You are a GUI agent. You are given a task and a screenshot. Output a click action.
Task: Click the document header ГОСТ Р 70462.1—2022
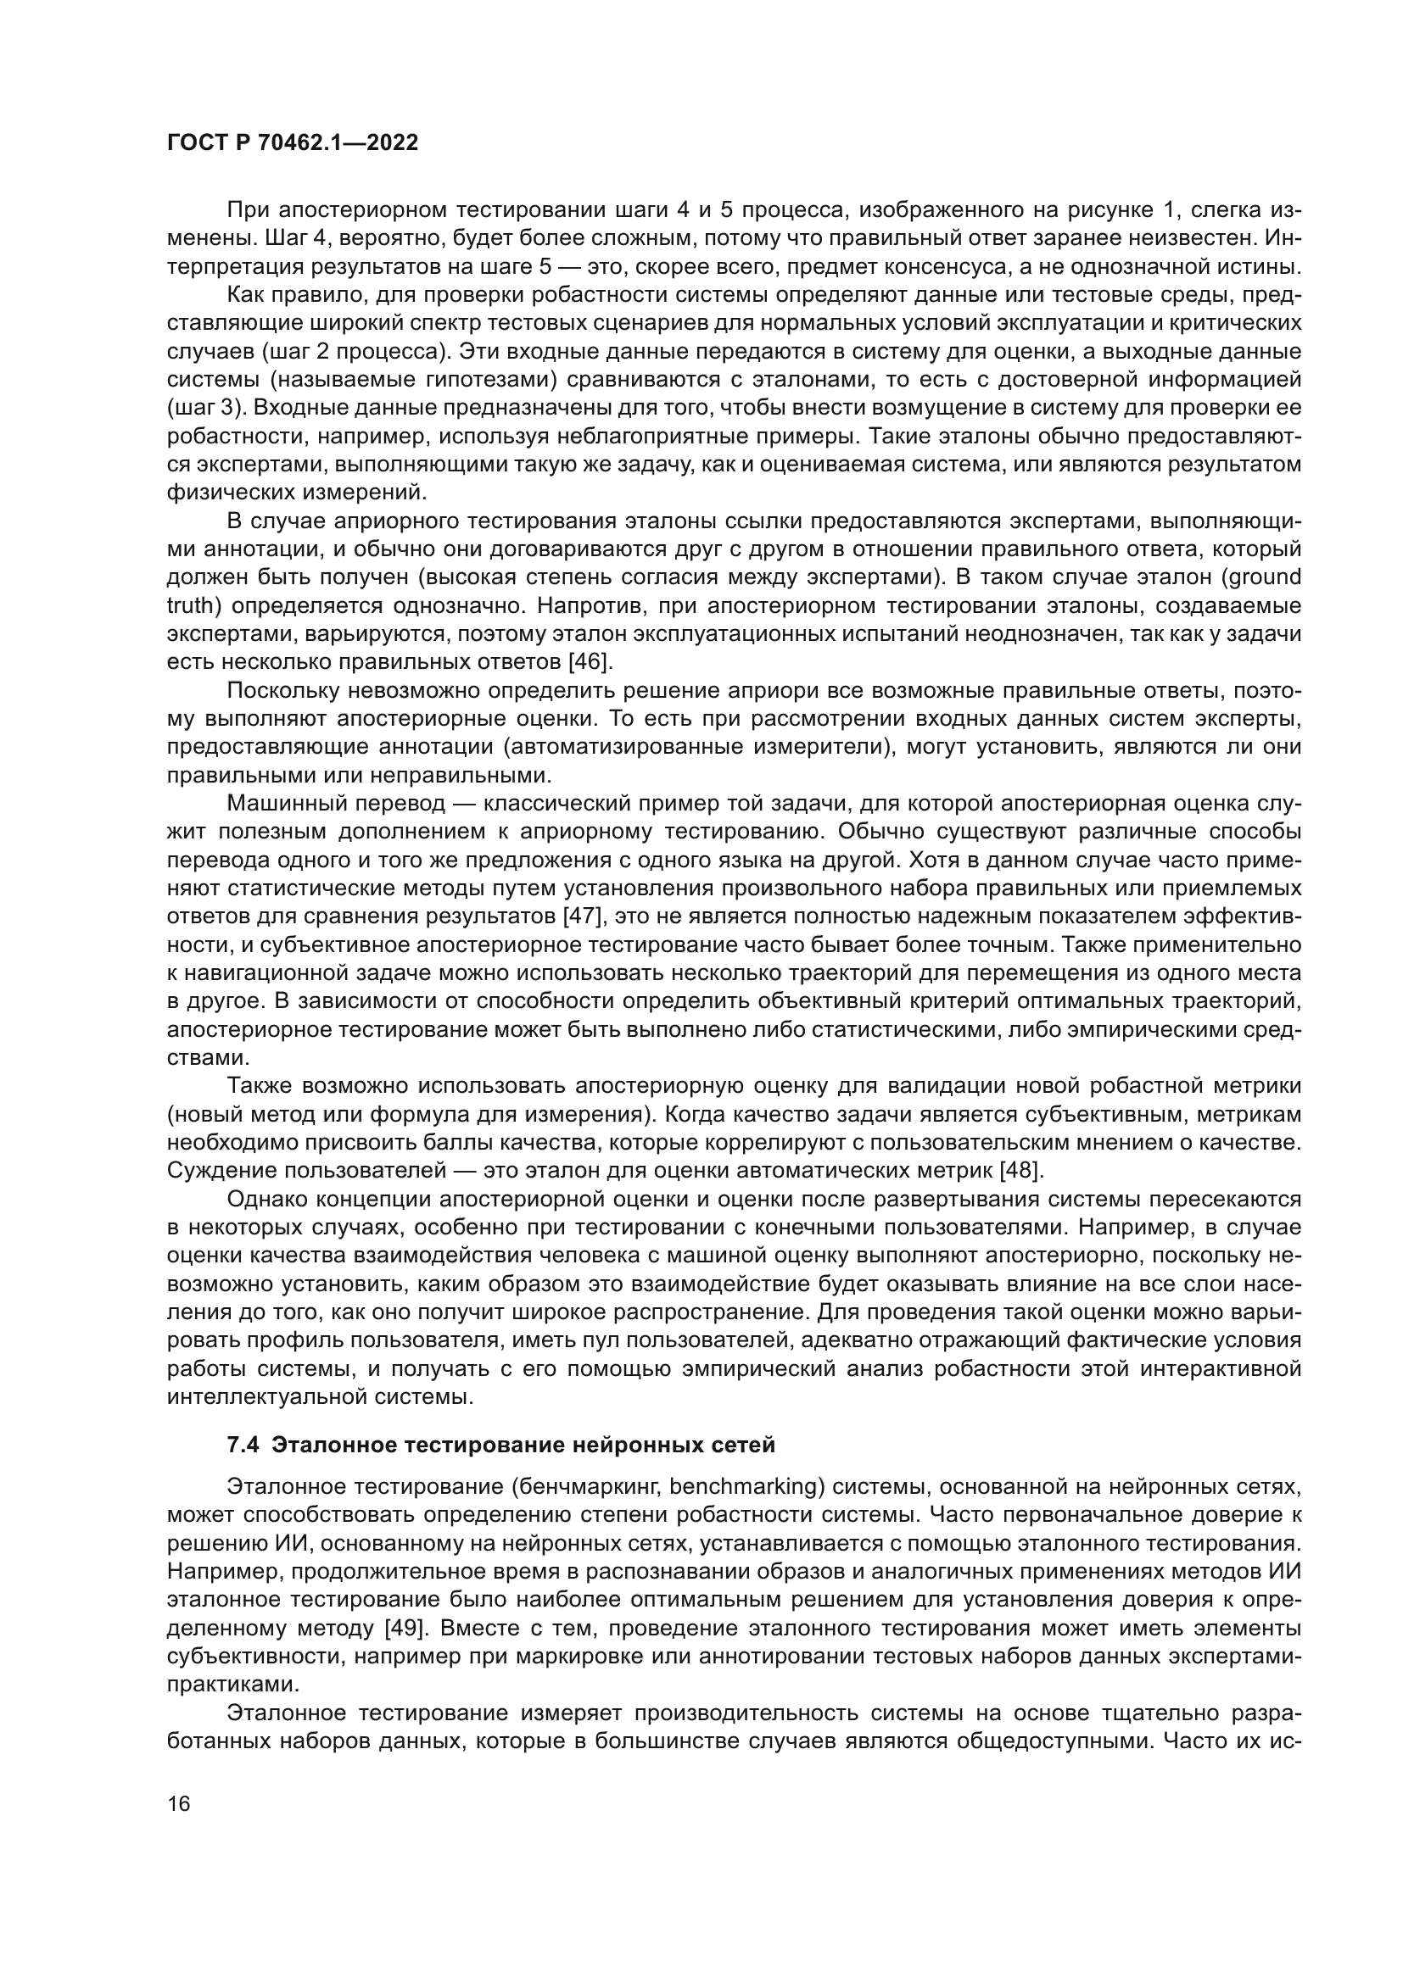(x=292, y=143)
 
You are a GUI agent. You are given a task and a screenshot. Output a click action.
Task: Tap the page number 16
(x=179, y=1803)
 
